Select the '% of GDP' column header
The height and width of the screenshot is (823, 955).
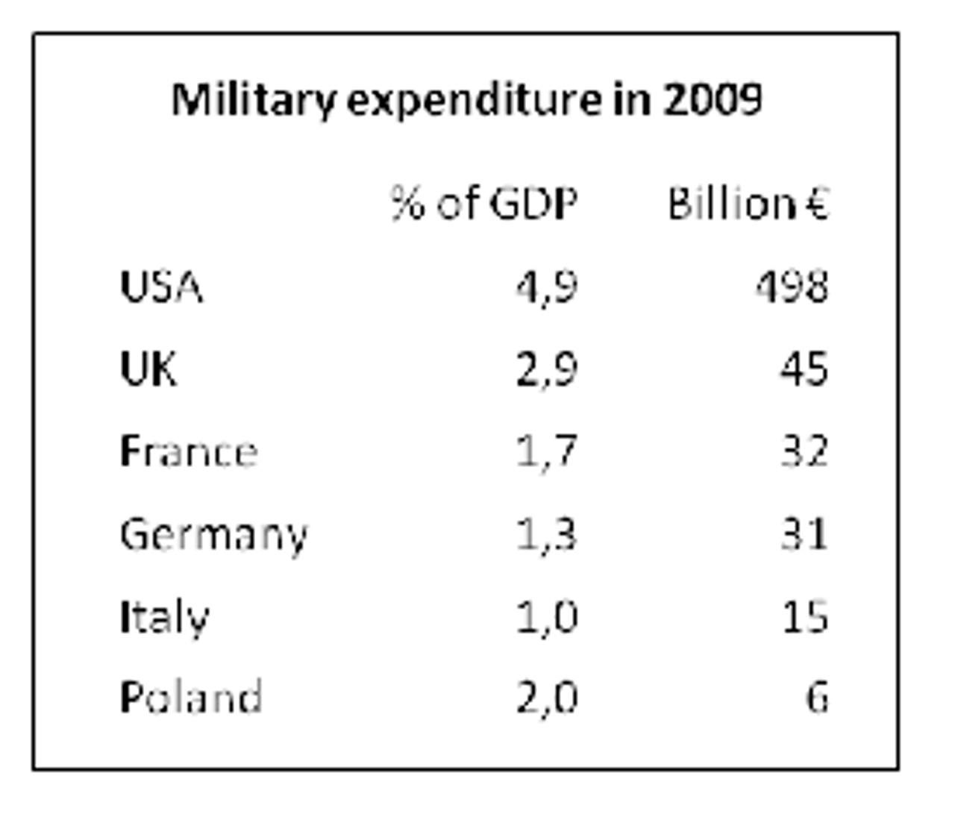(484, 203)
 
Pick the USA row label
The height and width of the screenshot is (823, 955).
(160, 287)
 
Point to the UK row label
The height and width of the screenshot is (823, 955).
(148, 369)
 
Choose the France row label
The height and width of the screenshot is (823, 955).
(188, 451)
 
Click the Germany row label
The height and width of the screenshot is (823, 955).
(213, 535)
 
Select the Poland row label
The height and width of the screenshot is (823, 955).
(191, 698)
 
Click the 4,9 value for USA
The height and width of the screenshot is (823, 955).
(546, 287)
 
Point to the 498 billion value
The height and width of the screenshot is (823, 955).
(792, 287)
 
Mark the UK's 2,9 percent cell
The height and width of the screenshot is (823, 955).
(546, 369)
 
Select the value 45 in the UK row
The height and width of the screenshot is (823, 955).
(804, 369)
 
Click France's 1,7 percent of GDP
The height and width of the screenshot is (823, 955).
(546, 451)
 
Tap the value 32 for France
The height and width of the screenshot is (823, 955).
(804, 451)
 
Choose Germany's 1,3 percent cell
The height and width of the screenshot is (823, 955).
(546, 535)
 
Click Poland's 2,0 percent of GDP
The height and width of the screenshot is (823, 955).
(546, 698)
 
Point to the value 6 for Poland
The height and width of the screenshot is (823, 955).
(817, 698)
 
